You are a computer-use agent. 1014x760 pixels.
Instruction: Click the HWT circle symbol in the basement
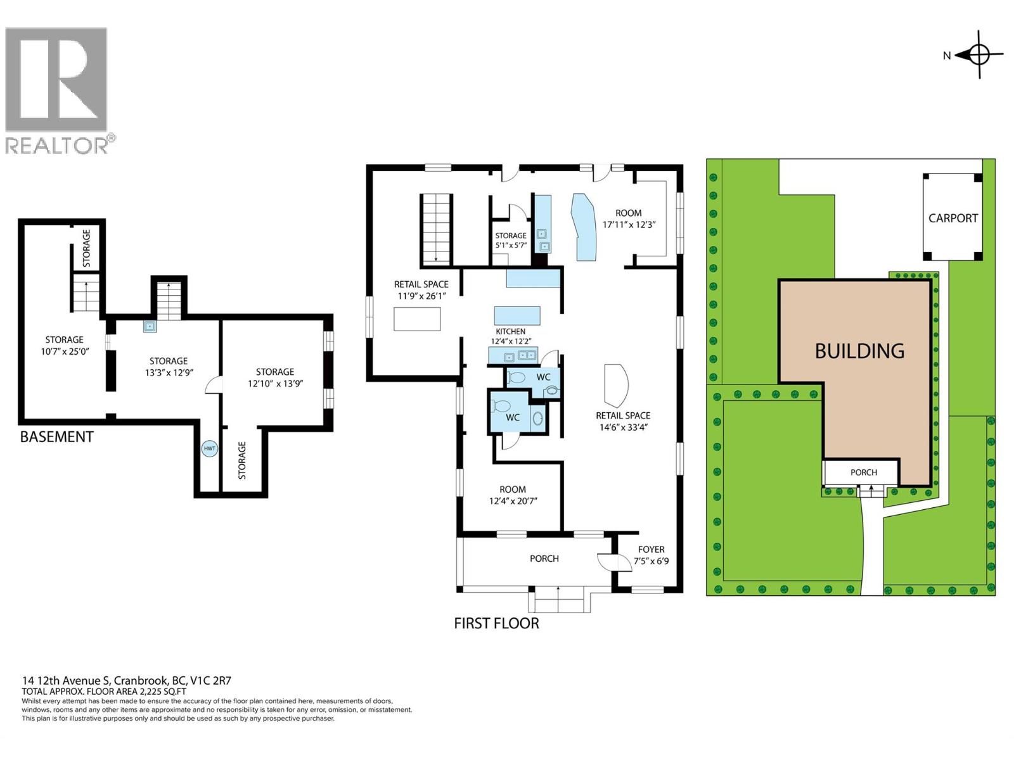pyautogui.click(x=209, y=448)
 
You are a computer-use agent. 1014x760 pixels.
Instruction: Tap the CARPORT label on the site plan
pyautogui.click(x=953, y=218)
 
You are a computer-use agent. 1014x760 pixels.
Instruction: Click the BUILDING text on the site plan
pyautogui.click(x=859, y=350)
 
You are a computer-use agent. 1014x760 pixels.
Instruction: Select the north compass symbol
pyautogui.click(x=979, y=55)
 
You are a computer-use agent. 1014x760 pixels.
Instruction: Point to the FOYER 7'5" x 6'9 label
pyautogui.click(x=651, y=555)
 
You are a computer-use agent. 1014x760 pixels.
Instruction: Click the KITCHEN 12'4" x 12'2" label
pyautogui.click(x=510, y=336)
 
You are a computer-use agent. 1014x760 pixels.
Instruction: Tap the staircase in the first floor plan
pyautogui.click(x=436, y=229)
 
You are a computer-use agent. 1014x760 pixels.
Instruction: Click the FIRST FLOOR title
pyautogui.click(x=496, y=623)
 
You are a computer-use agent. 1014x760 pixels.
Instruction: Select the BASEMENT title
pyautogui.click(x=56, y=437)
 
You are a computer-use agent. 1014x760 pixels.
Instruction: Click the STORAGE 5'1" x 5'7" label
pyautogui.click(x=510, y=239)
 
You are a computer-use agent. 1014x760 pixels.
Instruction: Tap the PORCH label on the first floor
pyautogui.click(x=544, y=558)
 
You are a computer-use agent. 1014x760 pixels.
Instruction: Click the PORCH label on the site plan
pyautogui.click(x=863, y=472)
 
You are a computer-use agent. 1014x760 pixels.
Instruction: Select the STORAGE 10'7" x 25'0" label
pyautogui.click(x=64, y=345)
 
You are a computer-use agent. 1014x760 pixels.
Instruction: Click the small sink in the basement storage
pyautogui.click(x=150, y=327)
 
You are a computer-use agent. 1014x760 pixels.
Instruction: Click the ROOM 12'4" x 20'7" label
pyautogui.click(x=512, y=495)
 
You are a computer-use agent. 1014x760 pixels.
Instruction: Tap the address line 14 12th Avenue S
pyautogui.click(x=127, y=681)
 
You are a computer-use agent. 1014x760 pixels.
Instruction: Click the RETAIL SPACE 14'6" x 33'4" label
pyautogui.click(x=622, y=421)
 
